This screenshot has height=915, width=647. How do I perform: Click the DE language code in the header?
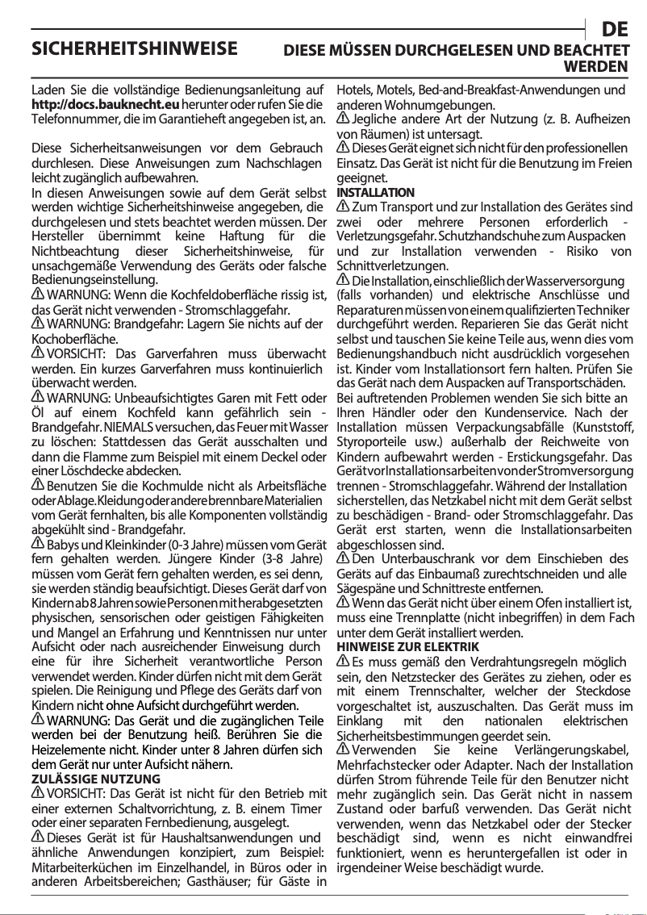point(616,31)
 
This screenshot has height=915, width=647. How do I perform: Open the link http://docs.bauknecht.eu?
point(105,104)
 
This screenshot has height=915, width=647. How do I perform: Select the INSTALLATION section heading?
point(375,193)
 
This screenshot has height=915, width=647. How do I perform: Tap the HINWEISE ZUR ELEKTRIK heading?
point(407,647)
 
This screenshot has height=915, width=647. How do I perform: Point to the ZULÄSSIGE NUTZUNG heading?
point(95,779)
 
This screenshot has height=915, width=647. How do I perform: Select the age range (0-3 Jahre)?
point(207,545)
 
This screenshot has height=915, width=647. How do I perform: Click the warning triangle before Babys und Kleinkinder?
point(37,545)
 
